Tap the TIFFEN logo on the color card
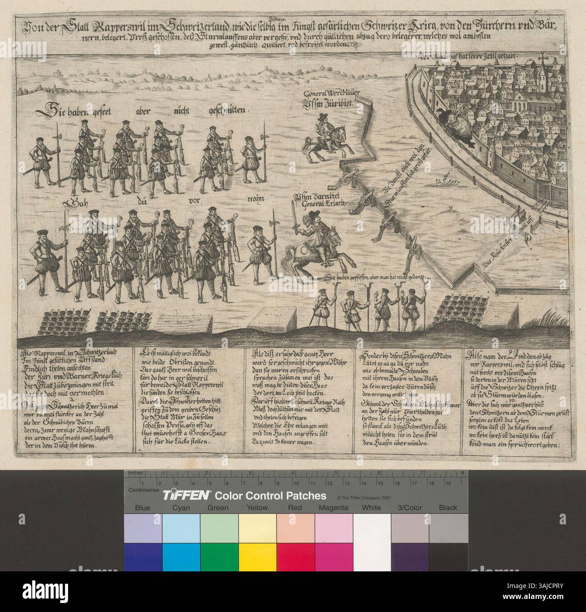coord(185,495)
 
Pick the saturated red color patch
coord(295,556)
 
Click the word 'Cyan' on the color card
coord(181,508)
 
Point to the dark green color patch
coord(219,556)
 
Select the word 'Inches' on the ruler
coord(135,473)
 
